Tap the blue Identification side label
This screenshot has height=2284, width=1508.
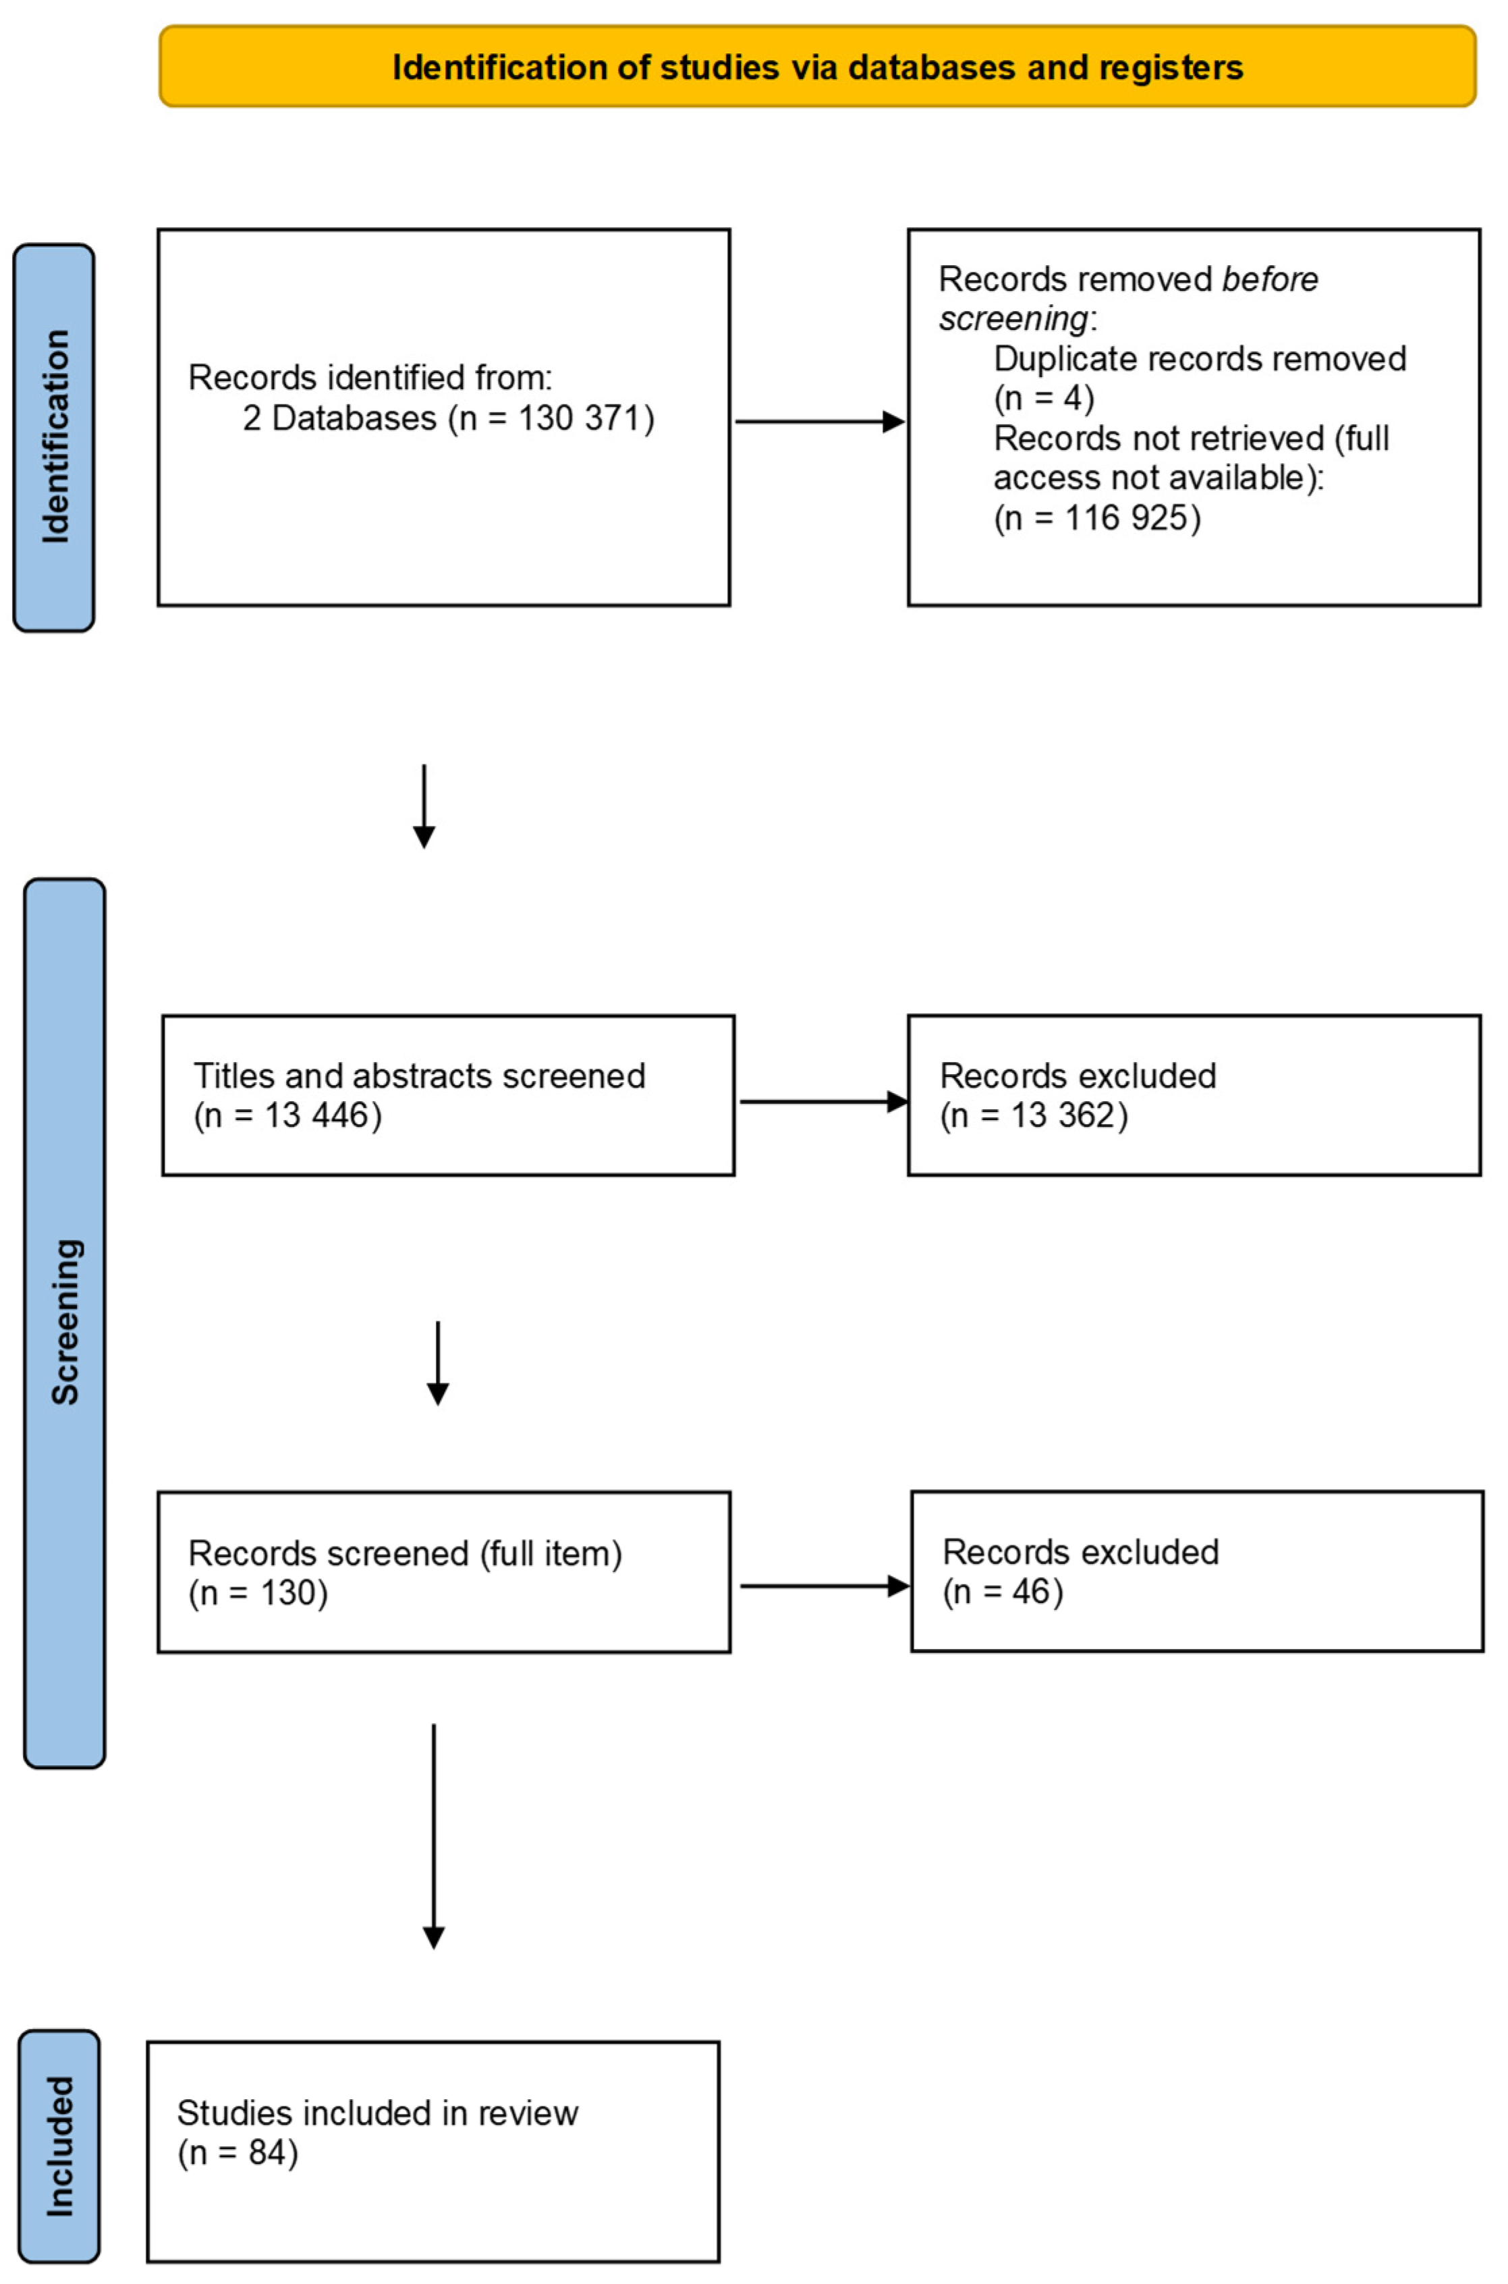[x=54, y=437]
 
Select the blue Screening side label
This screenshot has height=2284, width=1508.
[x=65, y=1323]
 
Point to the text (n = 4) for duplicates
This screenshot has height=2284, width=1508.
[x=1044, y=398]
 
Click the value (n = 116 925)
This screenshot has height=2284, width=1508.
[x=1096, y=518]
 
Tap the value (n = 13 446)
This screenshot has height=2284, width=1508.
[x=287, y=1115]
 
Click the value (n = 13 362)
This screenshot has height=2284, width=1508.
[x=1033, y=1115]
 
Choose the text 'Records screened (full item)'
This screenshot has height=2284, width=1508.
[x=405, y=1553]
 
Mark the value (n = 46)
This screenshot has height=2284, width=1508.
[x=1002, y=1592]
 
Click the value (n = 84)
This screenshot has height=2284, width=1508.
[x=238, y=2152]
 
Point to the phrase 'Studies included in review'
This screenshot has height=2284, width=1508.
[x=377, y=2113]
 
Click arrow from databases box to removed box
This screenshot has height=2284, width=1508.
[x=818, y=421]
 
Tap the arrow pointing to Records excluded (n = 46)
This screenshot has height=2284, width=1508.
[x=825, y=1586]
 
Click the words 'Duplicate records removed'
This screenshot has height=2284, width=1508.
[x=1199, y=359]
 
